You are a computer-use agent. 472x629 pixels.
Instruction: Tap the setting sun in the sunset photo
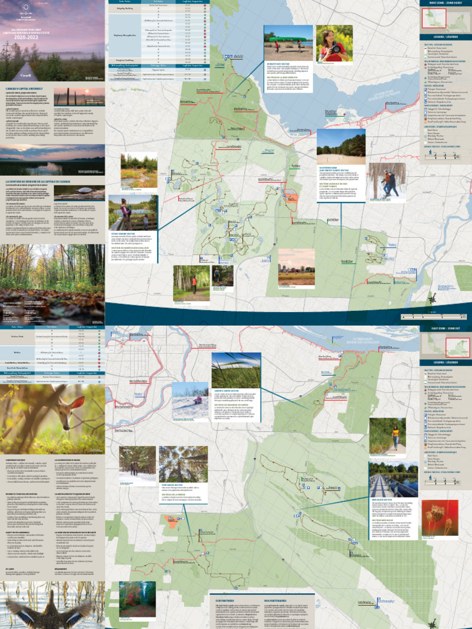pos(87,92)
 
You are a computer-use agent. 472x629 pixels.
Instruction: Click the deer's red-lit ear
pos(81,404)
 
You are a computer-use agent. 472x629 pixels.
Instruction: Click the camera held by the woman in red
pos(336,49)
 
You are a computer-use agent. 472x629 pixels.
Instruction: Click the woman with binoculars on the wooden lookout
pos(126,211)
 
